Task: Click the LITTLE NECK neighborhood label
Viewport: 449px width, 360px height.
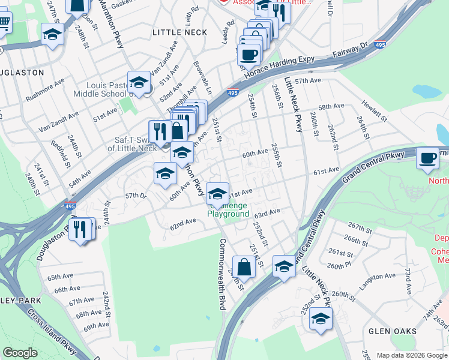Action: [179, 32]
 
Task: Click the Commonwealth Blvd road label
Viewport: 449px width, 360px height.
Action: [223, 274]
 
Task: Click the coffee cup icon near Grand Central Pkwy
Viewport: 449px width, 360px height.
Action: [427, 158]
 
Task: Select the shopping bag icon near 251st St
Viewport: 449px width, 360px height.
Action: [244, 266]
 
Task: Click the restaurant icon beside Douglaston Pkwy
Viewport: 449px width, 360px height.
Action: [79, 228]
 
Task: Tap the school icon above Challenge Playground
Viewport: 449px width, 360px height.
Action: [217, 194]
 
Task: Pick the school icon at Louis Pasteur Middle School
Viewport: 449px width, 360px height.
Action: [139, 82]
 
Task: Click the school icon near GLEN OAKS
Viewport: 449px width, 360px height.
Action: [321, 318]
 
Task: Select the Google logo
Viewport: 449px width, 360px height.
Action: [20, 353]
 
